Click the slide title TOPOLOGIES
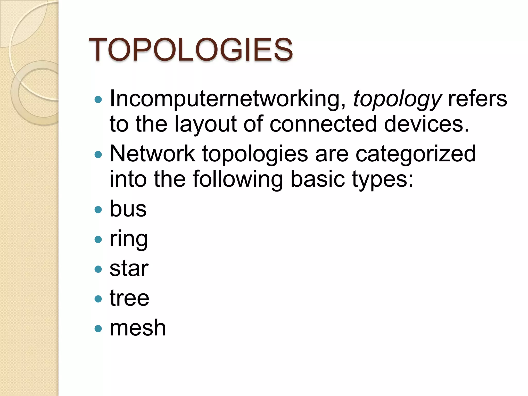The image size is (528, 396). (x=191, y=49)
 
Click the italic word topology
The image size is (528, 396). (x=397, y=99)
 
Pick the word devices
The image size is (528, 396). (x=426, y=124)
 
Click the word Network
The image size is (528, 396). (x=152, y=154)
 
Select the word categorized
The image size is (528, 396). (x=416, y=154)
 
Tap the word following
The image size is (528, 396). (x=238, y=179)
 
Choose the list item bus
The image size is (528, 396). (x=128, y=209)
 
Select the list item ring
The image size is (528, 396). (x=129, y=240)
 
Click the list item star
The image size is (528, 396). (x=129, y=268)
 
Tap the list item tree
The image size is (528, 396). (x=129, y=298)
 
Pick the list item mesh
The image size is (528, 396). (x=138, y=328)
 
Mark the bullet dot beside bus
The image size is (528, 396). (x=98, y=209)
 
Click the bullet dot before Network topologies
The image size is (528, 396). (x=98, y=154)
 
